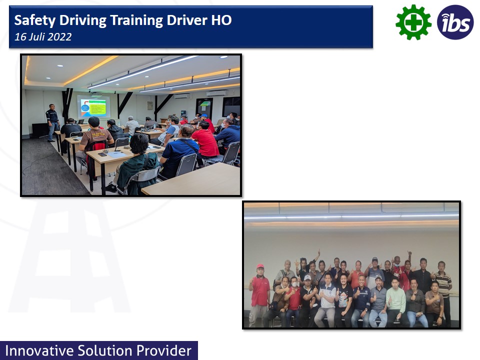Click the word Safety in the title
35,20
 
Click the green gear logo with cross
413,22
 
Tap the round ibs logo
455,22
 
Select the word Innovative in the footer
39,351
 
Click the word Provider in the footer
164,351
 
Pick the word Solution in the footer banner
104,351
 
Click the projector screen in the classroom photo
93,106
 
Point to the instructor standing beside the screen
52,122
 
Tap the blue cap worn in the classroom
204,116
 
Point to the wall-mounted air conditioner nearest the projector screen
182,96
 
